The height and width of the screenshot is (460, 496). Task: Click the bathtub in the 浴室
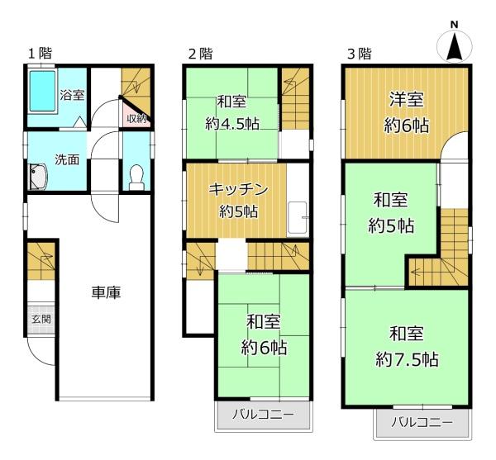43,91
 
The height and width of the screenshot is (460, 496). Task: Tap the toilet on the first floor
136,178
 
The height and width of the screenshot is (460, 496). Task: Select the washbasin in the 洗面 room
38,177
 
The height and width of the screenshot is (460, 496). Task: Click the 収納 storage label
136,119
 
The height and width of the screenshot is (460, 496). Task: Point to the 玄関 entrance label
41,319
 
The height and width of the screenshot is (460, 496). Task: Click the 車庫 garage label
106,292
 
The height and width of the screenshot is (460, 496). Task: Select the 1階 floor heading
41,54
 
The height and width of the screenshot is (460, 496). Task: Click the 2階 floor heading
200,54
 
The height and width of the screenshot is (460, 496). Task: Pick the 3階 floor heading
360,54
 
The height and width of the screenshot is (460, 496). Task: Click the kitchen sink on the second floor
298,218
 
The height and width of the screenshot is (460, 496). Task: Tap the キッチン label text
239,190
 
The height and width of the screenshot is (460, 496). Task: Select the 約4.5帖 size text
232,124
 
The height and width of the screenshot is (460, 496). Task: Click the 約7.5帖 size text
407,359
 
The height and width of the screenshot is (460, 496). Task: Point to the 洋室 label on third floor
407,99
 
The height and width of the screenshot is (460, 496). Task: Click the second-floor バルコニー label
263,414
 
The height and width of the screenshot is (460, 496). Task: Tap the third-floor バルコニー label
422,422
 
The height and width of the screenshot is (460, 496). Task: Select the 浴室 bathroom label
73,95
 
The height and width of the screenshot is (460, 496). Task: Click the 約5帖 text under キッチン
239,212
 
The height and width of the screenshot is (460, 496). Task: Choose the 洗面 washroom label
67,160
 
